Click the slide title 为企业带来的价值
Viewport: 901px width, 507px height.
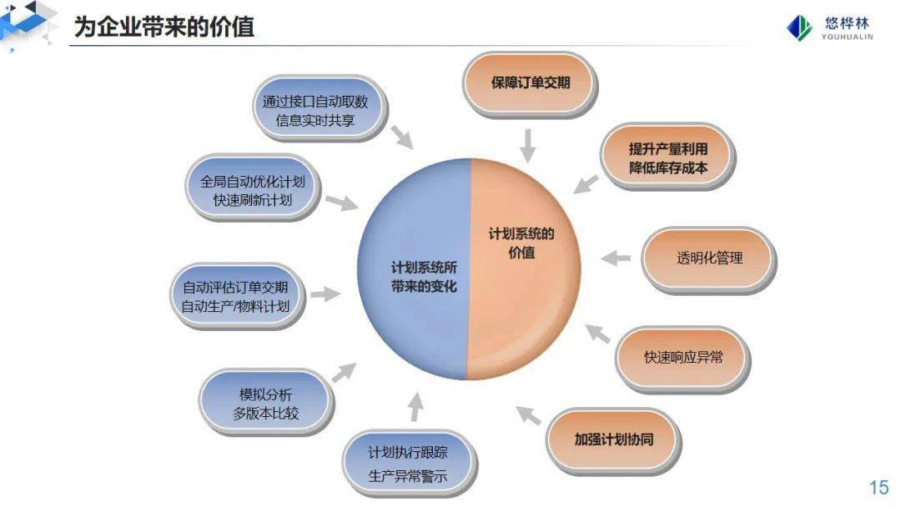[164, 27]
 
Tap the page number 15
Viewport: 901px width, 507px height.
[879, 488]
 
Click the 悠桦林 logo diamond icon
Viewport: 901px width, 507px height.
[799, 28]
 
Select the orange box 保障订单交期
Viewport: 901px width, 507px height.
[530, 84]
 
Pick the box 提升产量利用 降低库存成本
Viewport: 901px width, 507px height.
[667, 157]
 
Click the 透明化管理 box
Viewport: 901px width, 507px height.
[709, 259]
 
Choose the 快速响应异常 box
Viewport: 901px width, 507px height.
[683, 359]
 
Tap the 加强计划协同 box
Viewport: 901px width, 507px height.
[614, 440]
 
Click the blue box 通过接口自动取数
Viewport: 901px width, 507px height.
[320, 108]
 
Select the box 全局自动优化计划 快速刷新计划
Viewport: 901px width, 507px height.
[253, 188]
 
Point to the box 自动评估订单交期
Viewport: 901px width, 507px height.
[237, 296]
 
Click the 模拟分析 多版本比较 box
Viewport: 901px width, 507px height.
[266, 403]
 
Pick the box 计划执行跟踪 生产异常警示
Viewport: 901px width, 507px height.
[409, 464]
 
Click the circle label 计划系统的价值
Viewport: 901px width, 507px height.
[521, 243]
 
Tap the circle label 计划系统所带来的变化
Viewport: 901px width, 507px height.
[424, 277]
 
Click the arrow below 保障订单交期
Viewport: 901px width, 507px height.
[527, 146]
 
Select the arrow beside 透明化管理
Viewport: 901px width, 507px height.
[616, 258]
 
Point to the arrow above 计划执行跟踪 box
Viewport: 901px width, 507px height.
[415, 407]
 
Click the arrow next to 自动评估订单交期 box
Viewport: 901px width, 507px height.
[326, 294]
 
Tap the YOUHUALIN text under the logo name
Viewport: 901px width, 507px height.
[847, 37]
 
